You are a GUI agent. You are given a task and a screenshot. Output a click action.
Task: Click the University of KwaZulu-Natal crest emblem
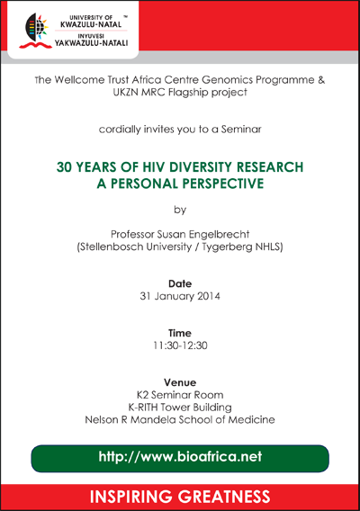34,31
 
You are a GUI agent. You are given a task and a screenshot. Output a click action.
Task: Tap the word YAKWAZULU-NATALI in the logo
91,43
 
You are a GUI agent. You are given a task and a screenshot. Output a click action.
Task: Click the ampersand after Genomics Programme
321,80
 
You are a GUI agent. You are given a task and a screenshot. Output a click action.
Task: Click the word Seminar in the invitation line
241,130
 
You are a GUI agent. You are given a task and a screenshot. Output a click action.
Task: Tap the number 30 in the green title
64,166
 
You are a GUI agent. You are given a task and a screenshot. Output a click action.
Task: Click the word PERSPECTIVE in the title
223,184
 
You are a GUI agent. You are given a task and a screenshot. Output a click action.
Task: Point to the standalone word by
180,210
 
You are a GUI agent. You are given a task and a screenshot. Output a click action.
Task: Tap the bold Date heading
180,283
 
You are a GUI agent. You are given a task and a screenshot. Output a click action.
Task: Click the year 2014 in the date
209,296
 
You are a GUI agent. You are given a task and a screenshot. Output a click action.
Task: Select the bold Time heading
180,333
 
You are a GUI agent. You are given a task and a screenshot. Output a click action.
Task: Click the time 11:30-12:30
180,345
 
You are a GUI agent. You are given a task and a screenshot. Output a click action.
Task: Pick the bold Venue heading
180,382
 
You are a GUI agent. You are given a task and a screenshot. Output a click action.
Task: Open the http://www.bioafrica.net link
180,457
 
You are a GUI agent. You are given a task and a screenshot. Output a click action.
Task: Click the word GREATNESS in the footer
224,497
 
